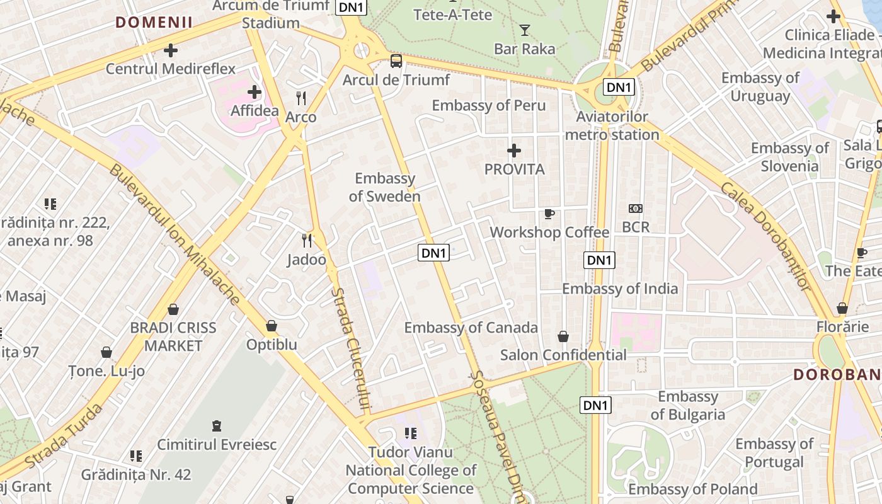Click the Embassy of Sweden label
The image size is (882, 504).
tap(385, 187)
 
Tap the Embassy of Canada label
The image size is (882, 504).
tap(471, 328)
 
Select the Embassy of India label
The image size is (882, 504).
tap(620, 289)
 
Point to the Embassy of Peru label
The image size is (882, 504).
tap(489, 105)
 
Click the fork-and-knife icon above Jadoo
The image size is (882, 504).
tap(307, 240)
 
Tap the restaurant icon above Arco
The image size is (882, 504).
tap(301, 98)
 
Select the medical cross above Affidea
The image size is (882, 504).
tap(255, 93)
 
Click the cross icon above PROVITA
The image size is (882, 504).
tap(514, 151)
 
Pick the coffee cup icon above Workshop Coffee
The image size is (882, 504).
tap(549, 214)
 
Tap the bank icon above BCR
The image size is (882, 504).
tap(635, 209)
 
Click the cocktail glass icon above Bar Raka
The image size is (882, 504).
tap(524, 30)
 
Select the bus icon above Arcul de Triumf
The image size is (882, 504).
tap(396, 61)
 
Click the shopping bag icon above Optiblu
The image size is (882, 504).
tap(272, 326)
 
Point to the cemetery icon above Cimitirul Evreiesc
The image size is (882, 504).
tap(217, 426)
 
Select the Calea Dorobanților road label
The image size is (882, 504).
tap(765, 236)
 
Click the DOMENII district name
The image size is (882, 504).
tap(154, 23)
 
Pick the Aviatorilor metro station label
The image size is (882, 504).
tap(612, 126)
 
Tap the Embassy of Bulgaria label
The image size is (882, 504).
tap(688, 405)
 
